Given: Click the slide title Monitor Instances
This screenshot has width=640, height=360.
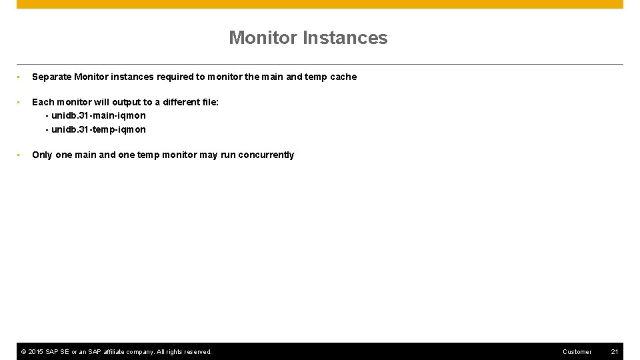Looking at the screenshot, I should click(x=308, y=38).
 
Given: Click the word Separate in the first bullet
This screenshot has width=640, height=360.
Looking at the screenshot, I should click(x=51, y=77).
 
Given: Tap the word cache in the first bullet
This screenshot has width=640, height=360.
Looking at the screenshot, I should click(x=343, y=77).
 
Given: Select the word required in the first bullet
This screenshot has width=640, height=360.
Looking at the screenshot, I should click(x=175, y=77).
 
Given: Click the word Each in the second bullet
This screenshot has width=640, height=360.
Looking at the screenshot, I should click(x=43, y=102).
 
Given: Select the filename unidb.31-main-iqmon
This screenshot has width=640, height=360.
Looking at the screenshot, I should click(x=98, y=115).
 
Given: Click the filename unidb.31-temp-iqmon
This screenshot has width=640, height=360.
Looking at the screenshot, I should click(x=98, y=129).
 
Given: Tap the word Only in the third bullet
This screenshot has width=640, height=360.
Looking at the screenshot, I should click(x=42, y=155).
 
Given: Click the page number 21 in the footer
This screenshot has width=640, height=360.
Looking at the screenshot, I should click(x=615, y=351).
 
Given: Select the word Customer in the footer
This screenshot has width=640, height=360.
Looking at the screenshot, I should click(x=577, y=351).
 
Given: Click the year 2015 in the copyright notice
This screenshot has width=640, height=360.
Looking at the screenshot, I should click(x=36, y=351).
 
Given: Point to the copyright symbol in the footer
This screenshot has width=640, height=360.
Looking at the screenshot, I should click(x=24, y=351).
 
